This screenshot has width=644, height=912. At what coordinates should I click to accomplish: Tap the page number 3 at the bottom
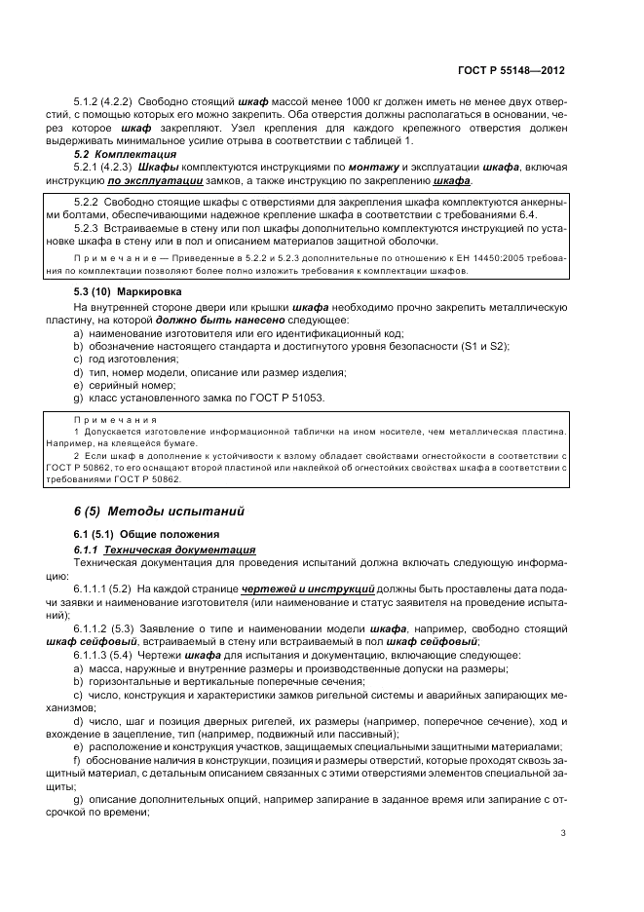click(x=563, y=832)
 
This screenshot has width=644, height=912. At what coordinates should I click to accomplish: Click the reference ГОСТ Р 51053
click(x=289, y=399)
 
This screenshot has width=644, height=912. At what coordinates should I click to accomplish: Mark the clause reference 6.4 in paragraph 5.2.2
click(x=527, y=213)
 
